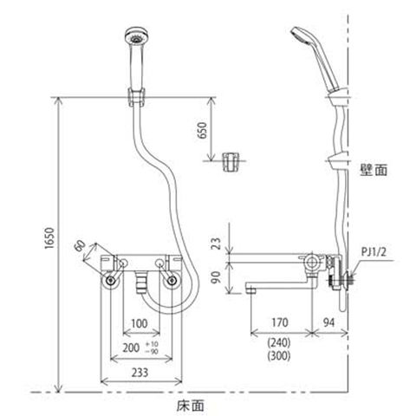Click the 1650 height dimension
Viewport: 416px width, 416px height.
point(49,238)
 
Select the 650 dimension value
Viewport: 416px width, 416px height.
point(203,130)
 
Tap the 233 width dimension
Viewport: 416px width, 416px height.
point(140,373)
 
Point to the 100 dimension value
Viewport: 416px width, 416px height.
point(140,323)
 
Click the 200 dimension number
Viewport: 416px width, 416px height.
point(131,348)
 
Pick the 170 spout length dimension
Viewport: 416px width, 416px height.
point(280,322)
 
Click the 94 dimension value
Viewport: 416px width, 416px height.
point(328,322)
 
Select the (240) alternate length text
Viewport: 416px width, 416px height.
point(279,343)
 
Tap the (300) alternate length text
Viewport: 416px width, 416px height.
point(279,356)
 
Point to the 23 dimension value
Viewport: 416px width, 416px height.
point(216,243)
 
